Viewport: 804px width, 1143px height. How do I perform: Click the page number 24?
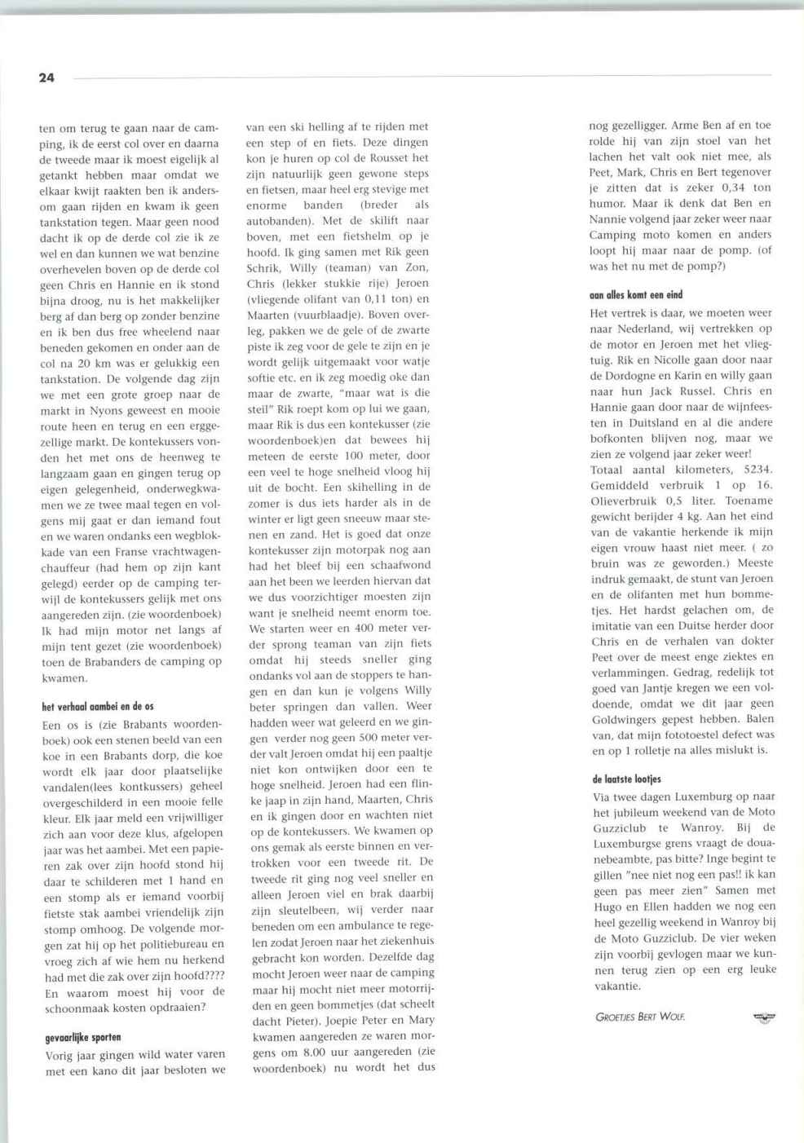tap(46, 77)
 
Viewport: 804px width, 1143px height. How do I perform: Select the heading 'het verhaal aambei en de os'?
tap(98, 706)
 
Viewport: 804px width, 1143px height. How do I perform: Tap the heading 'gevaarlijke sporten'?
tap(83, 1037)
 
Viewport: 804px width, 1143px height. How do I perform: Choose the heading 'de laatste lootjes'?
tap(626, 779)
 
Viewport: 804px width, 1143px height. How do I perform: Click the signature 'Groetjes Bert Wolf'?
tap(640, 1017)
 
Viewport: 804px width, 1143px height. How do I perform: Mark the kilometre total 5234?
tap(758, 469)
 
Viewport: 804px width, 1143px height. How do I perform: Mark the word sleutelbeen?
tap(285, 910)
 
